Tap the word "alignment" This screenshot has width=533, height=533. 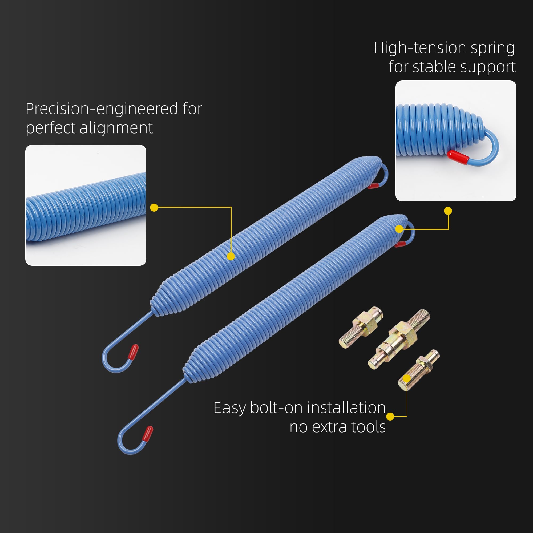116,128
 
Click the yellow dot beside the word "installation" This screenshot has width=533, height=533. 390,417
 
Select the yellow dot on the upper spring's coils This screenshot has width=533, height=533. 231,256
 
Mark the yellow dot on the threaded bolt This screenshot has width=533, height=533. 407,378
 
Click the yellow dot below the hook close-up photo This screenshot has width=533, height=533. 448,211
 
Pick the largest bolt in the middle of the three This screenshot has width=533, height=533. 399,339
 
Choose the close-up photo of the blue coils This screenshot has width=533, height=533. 86,205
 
